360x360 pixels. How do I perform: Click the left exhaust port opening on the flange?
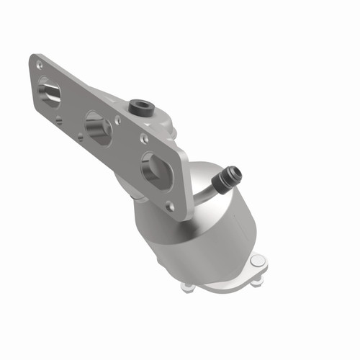(50, 93)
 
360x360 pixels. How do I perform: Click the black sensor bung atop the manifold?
(140, 108)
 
